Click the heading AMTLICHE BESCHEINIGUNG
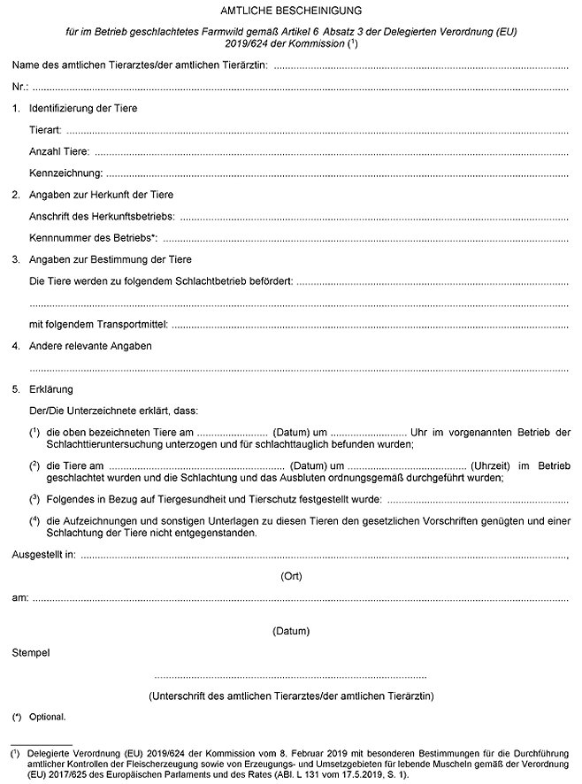290,10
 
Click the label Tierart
46,130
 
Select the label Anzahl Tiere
58,151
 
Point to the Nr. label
19,87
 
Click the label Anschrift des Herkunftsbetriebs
102,217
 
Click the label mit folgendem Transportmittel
98,325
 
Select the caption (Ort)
291,576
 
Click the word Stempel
31,653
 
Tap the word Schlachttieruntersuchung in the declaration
100,444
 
